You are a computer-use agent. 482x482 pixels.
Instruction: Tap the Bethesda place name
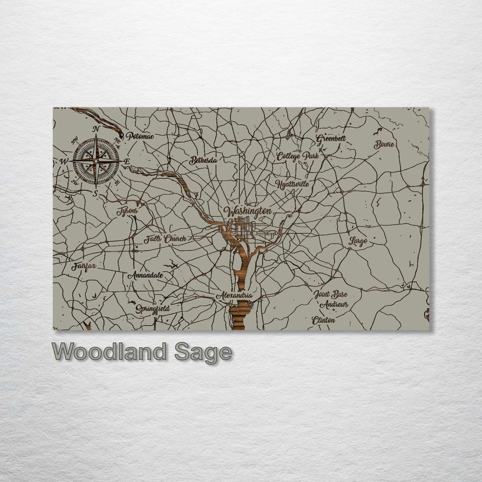pos(203,160)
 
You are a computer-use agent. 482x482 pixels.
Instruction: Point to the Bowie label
pos(384,145)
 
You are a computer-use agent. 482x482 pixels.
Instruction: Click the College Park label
pos(298,156)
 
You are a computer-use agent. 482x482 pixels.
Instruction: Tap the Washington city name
pos(249,211)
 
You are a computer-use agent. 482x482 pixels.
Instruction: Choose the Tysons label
pos(127,212)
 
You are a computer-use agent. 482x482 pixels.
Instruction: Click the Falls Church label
pos(165,239)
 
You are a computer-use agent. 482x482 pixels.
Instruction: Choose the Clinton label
pos(323,320)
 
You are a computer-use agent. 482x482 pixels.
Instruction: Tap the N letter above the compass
pos(96,129)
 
